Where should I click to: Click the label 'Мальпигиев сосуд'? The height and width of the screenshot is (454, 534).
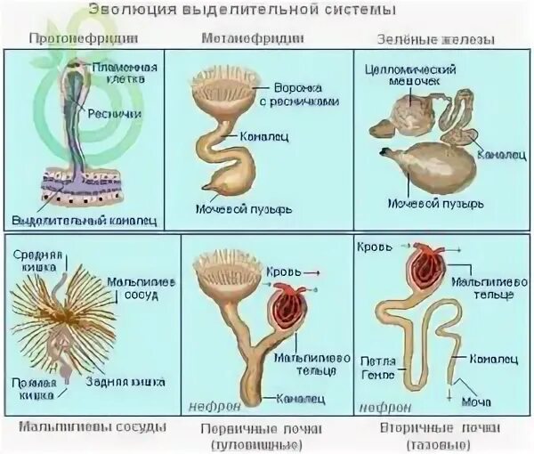tap(140, 288)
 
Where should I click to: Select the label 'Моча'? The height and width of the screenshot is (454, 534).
tap(469, 401)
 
